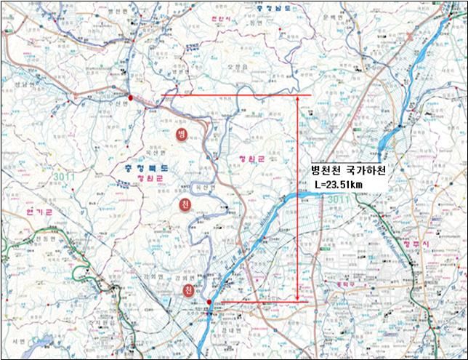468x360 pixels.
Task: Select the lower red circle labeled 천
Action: [188, 291]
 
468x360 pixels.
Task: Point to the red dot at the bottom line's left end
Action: [209, 302]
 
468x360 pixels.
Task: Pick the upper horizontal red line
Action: [233, 95]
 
